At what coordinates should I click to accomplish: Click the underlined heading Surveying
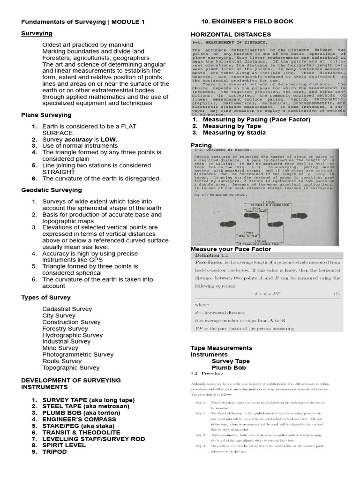[37, 33]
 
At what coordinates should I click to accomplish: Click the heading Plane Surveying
[46, 115]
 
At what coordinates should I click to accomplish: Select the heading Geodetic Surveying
[52, 190]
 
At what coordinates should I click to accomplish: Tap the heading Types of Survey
[46, 298]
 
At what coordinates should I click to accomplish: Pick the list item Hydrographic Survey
[72, 335]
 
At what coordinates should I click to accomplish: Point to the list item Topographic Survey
[71, 368]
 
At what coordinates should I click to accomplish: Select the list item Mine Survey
[60, 348]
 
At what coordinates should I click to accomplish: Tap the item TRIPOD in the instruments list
[54, 452]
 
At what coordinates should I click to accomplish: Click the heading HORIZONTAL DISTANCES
[231, 34]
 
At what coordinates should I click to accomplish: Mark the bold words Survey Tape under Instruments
[231, 361]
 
